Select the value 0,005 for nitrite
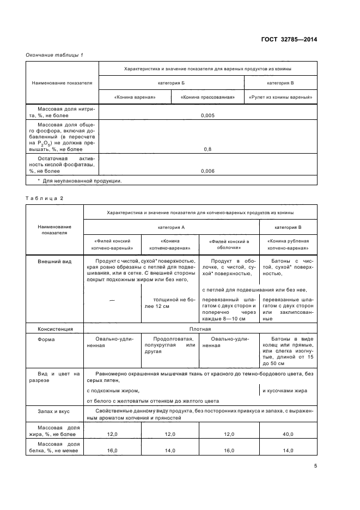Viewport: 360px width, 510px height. [208, 116]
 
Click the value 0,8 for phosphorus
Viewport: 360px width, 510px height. [208, 149]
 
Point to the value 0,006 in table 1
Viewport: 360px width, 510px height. [208, 171]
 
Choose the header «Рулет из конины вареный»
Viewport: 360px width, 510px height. [280, 97]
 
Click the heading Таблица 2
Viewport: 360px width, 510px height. [45, 198]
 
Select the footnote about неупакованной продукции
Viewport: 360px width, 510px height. [80, 181]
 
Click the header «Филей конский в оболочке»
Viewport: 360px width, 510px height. [229, 244]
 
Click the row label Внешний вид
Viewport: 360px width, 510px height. [54, 262]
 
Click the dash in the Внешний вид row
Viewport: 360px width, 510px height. [112, 300]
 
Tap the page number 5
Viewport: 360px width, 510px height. [315, 466]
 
